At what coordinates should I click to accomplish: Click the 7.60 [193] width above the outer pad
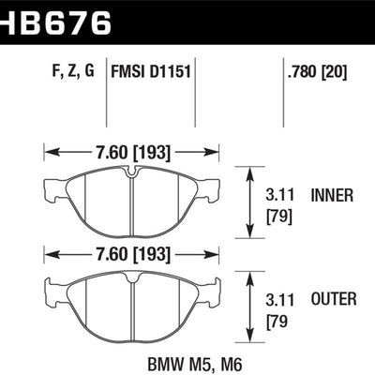(130, 253)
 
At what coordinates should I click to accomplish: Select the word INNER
(331, 196)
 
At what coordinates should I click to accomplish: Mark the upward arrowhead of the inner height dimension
(250, 172)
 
